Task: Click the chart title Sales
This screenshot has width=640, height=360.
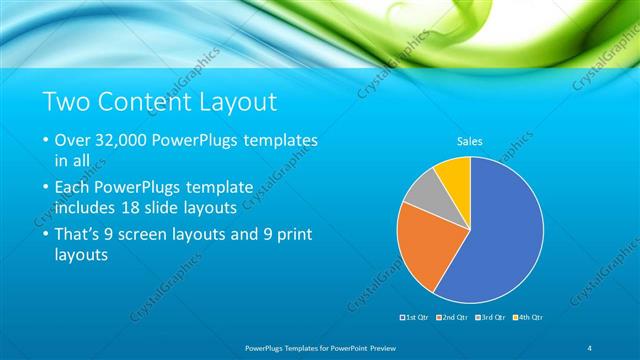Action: click(470, 142)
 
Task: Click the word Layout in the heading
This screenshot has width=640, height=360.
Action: click(240, 102)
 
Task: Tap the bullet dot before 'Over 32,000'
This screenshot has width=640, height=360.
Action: click(47, 142)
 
